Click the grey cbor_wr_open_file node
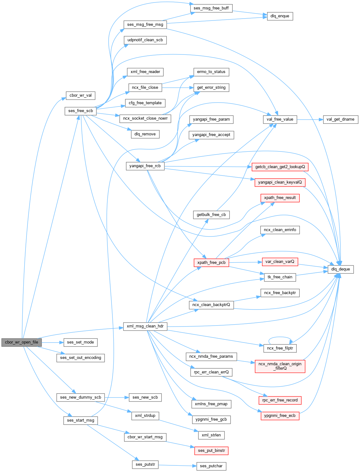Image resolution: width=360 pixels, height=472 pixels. point(21,342)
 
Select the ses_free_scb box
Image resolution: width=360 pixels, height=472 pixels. point(81,111)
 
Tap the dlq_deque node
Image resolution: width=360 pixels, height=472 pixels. point(340,269)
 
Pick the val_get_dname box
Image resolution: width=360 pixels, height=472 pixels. point(340,119)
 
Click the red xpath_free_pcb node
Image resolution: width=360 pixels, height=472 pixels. point(211,262)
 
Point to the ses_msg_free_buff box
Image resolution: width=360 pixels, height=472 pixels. point(211,8)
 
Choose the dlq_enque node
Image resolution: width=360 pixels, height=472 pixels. point(280,16)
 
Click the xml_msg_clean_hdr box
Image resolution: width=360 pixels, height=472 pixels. point(145,326)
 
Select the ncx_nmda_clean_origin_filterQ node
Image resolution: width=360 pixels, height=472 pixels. point(280,366)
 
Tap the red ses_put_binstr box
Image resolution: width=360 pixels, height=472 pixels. point(211,451)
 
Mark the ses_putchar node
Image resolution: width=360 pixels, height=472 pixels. point(211,466)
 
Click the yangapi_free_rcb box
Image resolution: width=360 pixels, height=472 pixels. point(145,166)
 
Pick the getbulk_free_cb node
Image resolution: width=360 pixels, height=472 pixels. point(211,215)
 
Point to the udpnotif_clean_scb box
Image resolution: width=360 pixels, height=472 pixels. point(145,40)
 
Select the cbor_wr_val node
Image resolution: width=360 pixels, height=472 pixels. point(81,95)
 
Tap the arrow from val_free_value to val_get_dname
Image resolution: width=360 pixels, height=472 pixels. point(310,119)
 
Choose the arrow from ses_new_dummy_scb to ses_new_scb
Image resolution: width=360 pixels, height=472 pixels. point(117,397)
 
